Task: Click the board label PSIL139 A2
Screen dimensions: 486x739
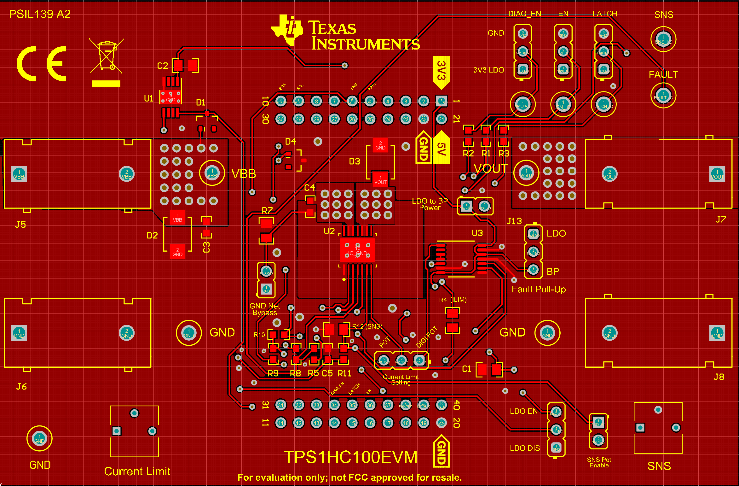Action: (40, 14)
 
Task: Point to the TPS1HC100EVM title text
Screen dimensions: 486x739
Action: (350, 457)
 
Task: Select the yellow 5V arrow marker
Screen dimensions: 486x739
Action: (442, 148)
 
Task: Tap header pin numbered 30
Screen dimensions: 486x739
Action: (280, 119)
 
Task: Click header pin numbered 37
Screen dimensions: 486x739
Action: (388, 405)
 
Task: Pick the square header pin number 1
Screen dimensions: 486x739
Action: (441, 101)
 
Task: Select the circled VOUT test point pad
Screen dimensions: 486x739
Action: (526, 173)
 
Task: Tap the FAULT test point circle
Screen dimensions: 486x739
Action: (663, 96)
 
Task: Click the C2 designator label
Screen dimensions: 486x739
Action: (163, 66)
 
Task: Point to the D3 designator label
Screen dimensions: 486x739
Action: (355, 161)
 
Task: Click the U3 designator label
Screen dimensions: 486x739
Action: (477, 233)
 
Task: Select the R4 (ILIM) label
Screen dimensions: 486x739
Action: (453, 300)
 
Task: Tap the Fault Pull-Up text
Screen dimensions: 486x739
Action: (539, 289)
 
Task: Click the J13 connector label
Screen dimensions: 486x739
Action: (514, 221)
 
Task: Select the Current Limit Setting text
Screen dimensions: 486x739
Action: (401, 380)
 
